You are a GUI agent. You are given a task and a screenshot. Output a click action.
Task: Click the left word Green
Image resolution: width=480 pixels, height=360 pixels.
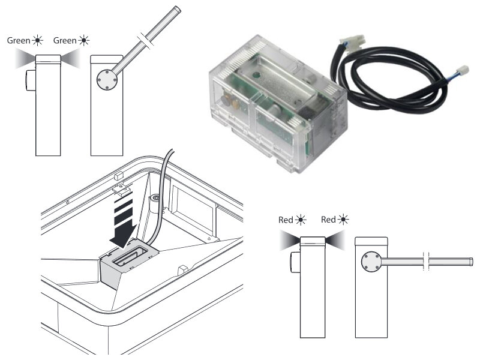coord(19,40)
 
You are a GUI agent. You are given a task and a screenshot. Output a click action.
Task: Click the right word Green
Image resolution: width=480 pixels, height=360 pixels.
coord(65,40)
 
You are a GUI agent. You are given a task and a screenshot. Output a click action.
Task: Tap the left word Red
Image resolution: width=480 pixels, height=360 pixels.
coord(286,220)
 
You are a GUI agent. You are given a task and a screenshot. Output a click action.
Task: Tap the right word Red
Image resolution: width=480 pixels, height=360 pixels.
coord(328,220)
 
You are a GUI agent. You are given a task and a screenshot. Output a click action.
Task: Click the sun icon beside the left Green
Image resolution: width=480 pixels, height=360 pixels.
coord(37,40)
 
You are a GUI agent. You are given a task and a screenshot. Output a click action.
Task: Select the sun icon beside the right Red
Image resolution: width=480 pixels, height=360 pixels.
coord(343,219)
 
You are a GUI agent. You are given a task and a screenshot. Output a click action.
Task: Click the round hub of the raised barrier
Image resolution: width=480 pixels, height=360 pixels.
coord(107,80)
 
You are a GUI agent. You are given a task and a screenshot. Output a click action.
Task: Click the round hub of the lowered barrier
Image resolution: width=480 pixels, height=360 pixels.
coord(371,262)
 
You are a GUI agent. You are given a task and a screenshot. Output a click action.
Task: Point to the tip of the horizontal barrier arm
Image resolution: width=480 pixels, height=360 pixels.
coord(472,262)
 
